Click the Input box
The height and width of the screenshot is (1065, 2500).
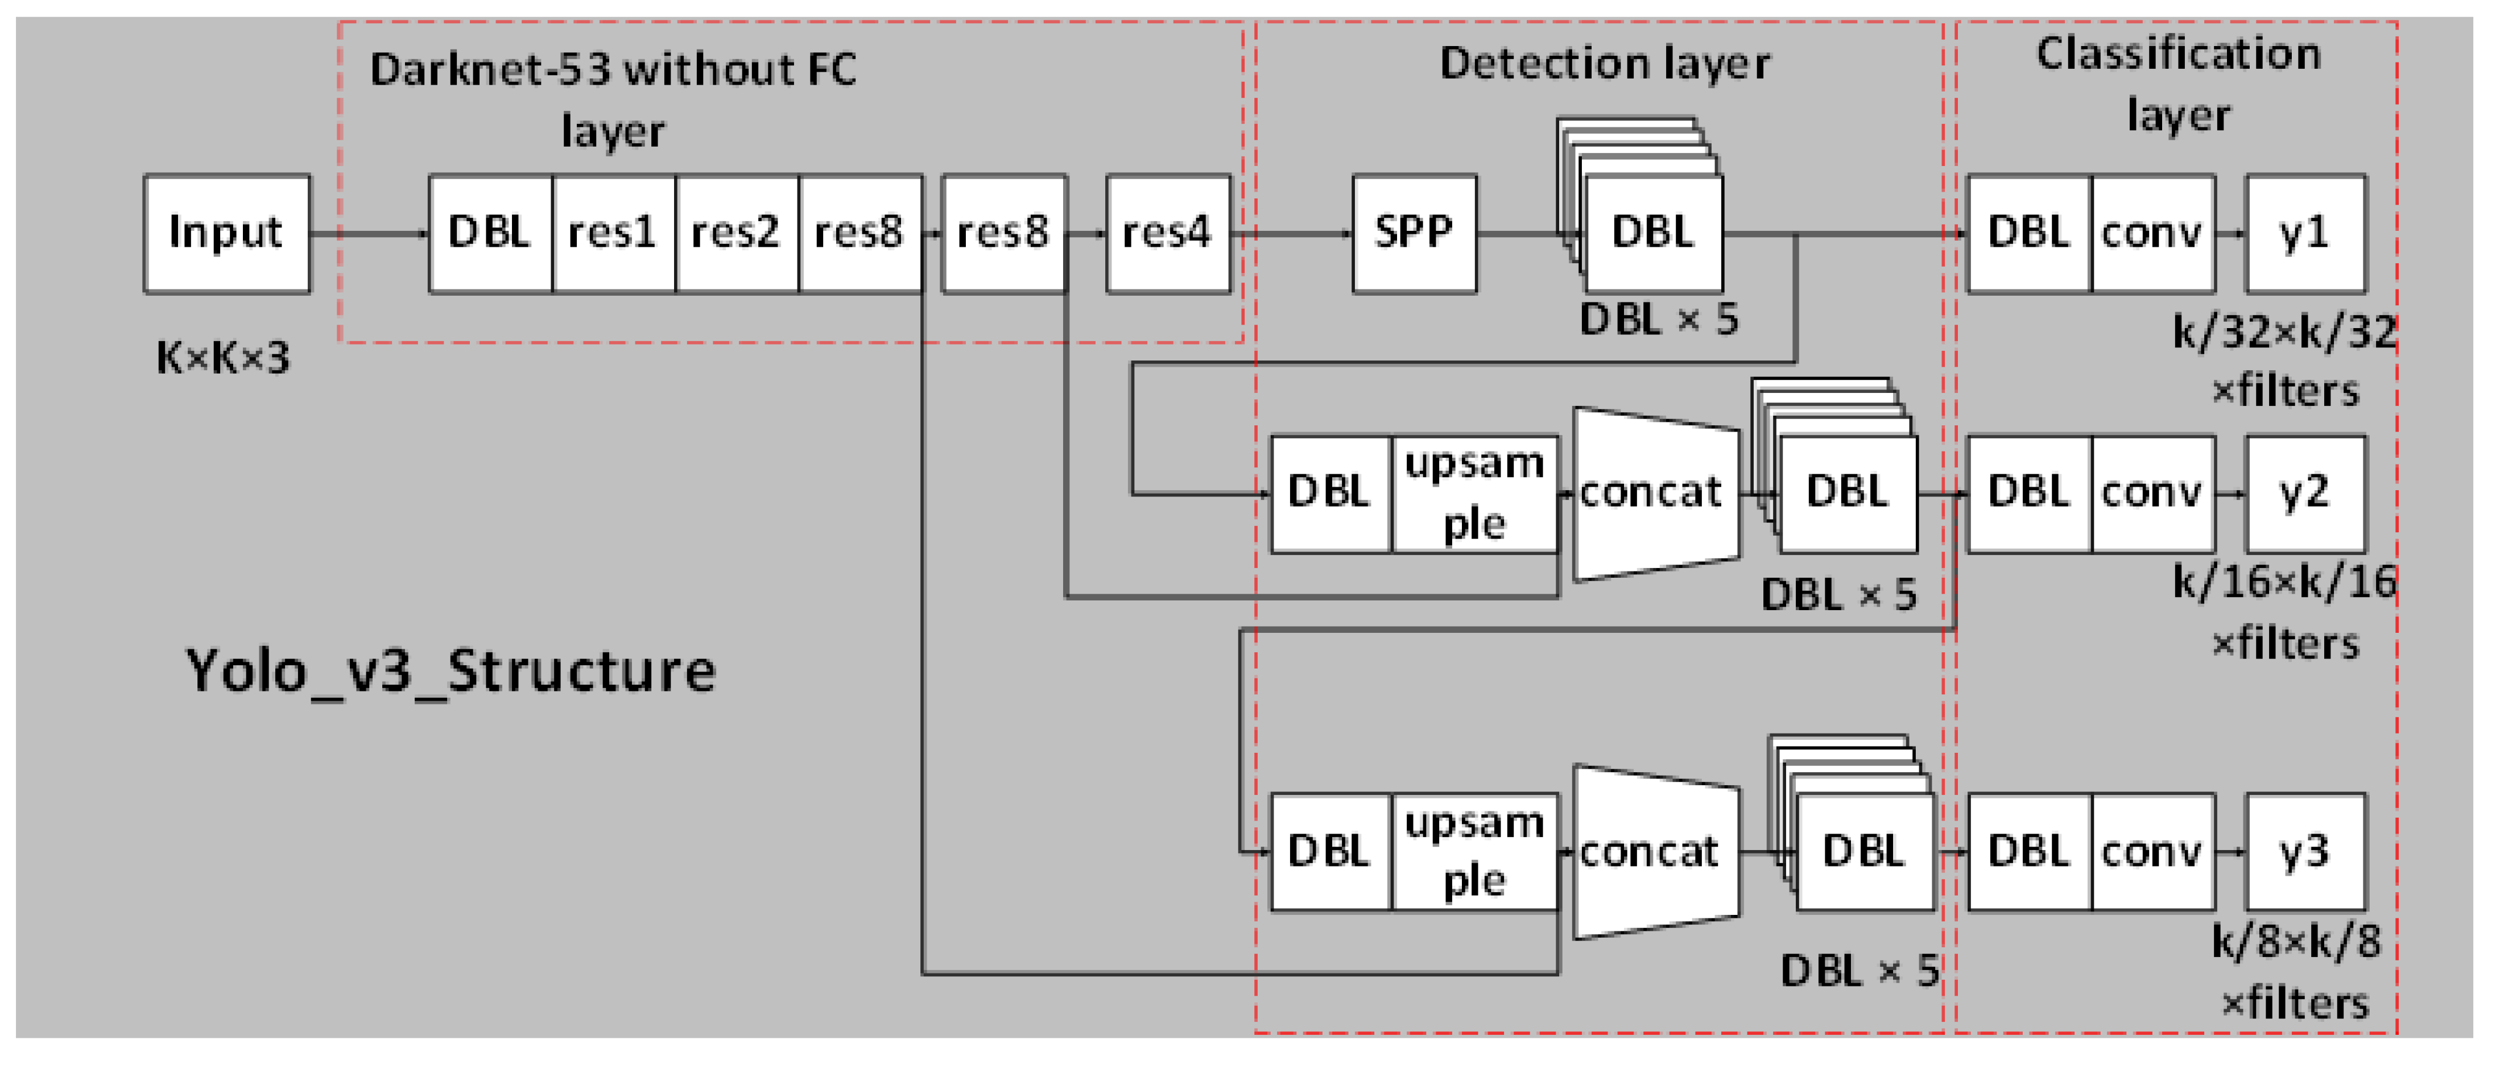click(x=226, y=234)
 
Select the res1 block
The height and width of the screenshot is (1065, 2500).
click(x=613, y=234)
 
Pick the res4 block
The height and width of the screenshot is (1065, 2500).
click(x=1167, y=234)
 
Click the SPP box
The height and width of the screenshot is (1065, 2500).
click(x=1414, y=234)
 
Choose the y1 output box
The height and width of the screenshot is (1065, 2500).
click(x=2305, y=234)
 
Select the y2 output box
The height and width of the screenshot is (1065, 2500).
click(x=2305, y=494)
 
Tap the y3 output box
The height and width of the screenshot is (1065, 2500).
click(x=2305, y=852)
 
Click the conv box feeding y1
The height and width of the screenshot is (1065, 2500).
click(x=2152, y=234)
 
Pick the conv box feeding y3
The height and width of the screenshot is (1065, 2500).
click(x=2152, y=852)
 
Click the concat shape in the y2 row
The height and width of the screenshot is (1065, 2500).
click(x=1654, y=494)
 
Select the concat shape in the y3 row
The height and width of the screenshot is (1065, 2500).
click(x=1654, y=852)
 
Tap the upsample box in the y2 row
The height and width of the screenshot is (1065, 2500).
click(x=1474, y=494)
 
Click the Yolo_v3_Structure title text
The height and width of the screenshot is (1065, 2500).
click(x=451, y=671)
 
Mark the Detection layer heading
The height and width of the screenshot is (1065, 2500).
click(x=1604, y=64)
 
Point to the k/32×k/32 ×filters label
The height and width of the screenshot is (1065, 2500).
click(x=2284, y=362)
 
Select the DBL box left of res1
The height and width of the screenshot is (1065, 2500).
click(x=490, y=234)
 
